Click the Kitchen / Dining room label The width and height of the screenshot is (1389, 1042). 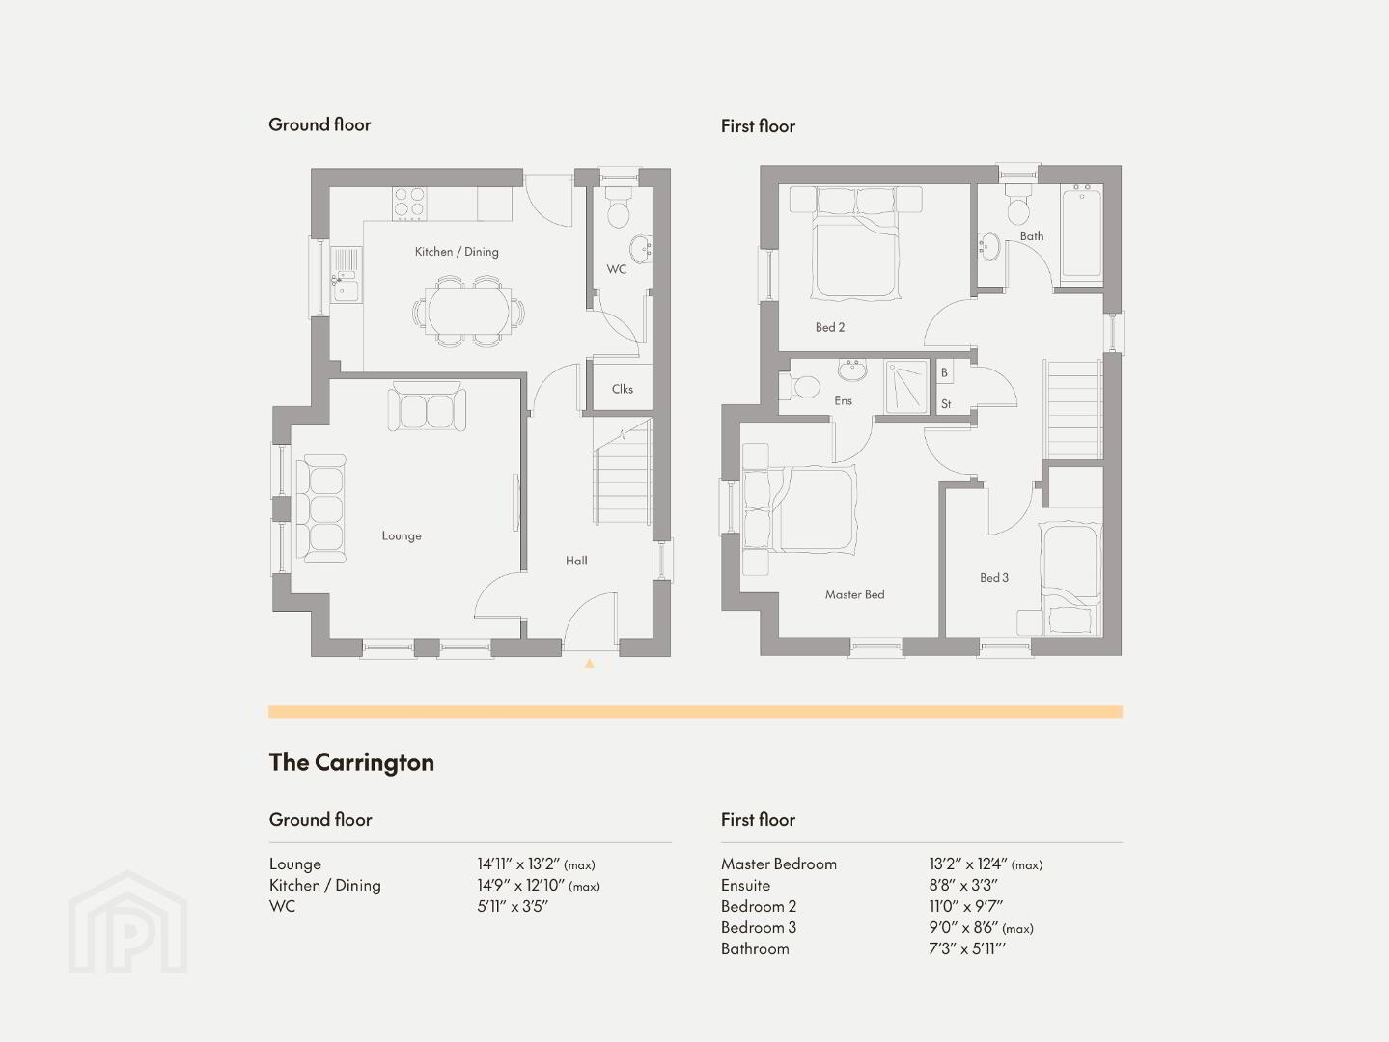457,252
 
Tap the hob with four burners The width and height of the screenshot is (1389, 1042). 409,204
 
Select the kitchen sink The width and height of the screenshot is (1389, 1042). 346,275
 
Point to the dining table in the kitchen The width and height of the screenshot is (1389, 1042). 468,311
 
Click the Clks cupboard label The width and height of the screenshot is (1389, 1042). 622,389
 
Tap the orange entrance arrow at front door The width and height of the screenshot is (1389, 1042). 589,663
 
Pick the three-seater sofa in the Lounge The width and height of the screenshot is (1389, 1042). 321,508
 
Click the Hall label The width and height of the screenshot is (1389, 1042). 576,561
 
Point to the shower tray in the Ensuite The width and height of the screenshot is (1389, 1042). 906,387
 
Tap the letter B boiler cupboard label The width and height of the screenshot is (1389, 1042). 944,372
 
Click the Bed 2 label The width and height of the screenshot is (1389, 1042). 829,327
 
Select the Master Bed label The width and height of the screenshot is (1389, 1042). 854,594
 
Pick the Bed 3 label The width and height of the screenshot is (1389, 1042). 994,577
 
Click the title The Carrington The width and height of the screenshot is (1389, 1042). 352,762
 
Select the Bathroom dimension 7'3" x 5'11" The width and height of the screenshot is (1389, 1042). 967,948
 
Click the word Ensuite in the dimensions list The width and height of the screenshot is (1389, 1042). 745,885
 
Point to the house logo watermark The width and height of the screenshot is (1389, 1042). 127,922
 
